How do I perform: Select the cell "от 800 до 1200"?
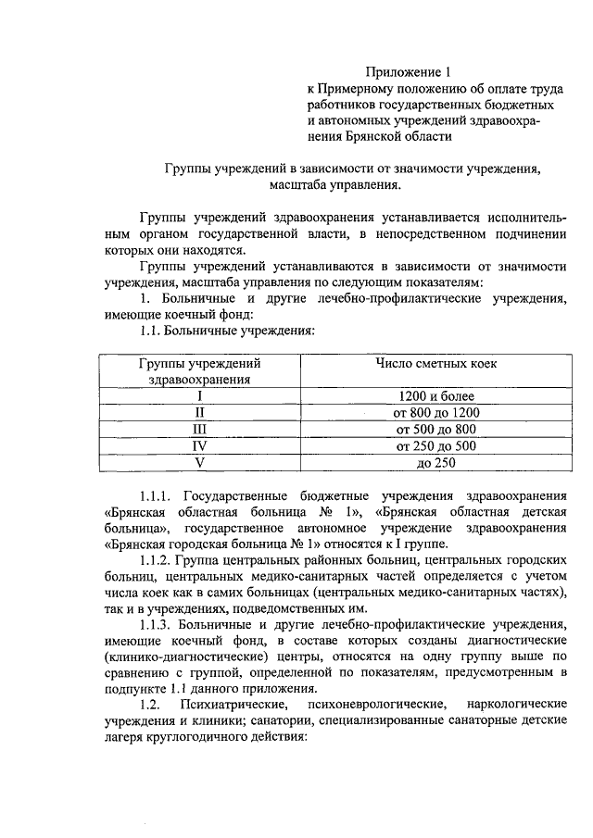tap(435, 412)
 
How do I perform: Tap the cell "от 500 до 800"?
tap(435, 429)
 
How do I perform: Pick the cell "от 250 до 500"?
tap(435, 445)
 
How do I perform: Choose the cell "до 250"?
tap(435, 462)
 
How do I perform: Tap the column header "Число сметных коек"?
tap(435, 363)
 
